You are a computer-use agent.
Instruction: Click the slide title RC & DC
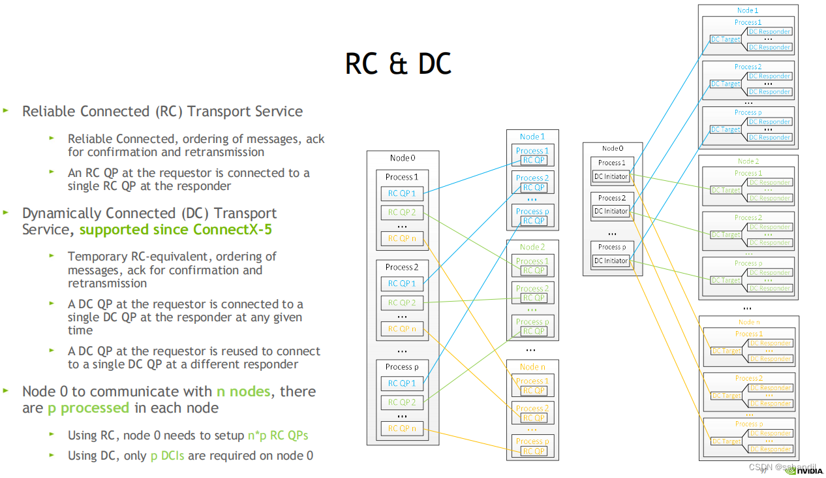point(398,65)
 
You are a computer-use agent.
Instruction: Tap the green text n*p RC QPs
point(277,436)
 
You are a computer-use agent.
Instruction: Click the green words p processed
point(88,408)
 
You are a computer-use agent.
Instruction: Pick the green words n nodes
point(243,392)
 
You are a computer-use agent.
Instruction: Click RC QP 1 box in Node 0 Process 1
point(402,193)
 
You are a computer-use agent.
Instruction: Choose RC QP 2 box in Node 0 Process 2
point(402,303)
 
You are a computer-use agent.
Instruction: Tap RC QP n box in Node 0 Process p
point(402,428)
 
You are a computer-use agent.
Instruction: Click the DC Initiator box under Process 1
point(611,176)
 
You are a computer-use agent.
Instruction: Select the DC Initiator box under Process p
point(611,261)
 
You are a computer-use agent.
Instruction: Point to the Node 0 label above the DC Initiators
point(612,149)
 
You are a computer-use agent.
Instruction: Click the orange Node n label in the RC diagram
point(532,367)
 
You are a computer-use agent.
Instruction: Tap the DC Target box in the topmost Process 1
point(726,40)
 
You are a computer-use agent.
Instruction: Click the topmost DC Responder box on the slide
point(770,31)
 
